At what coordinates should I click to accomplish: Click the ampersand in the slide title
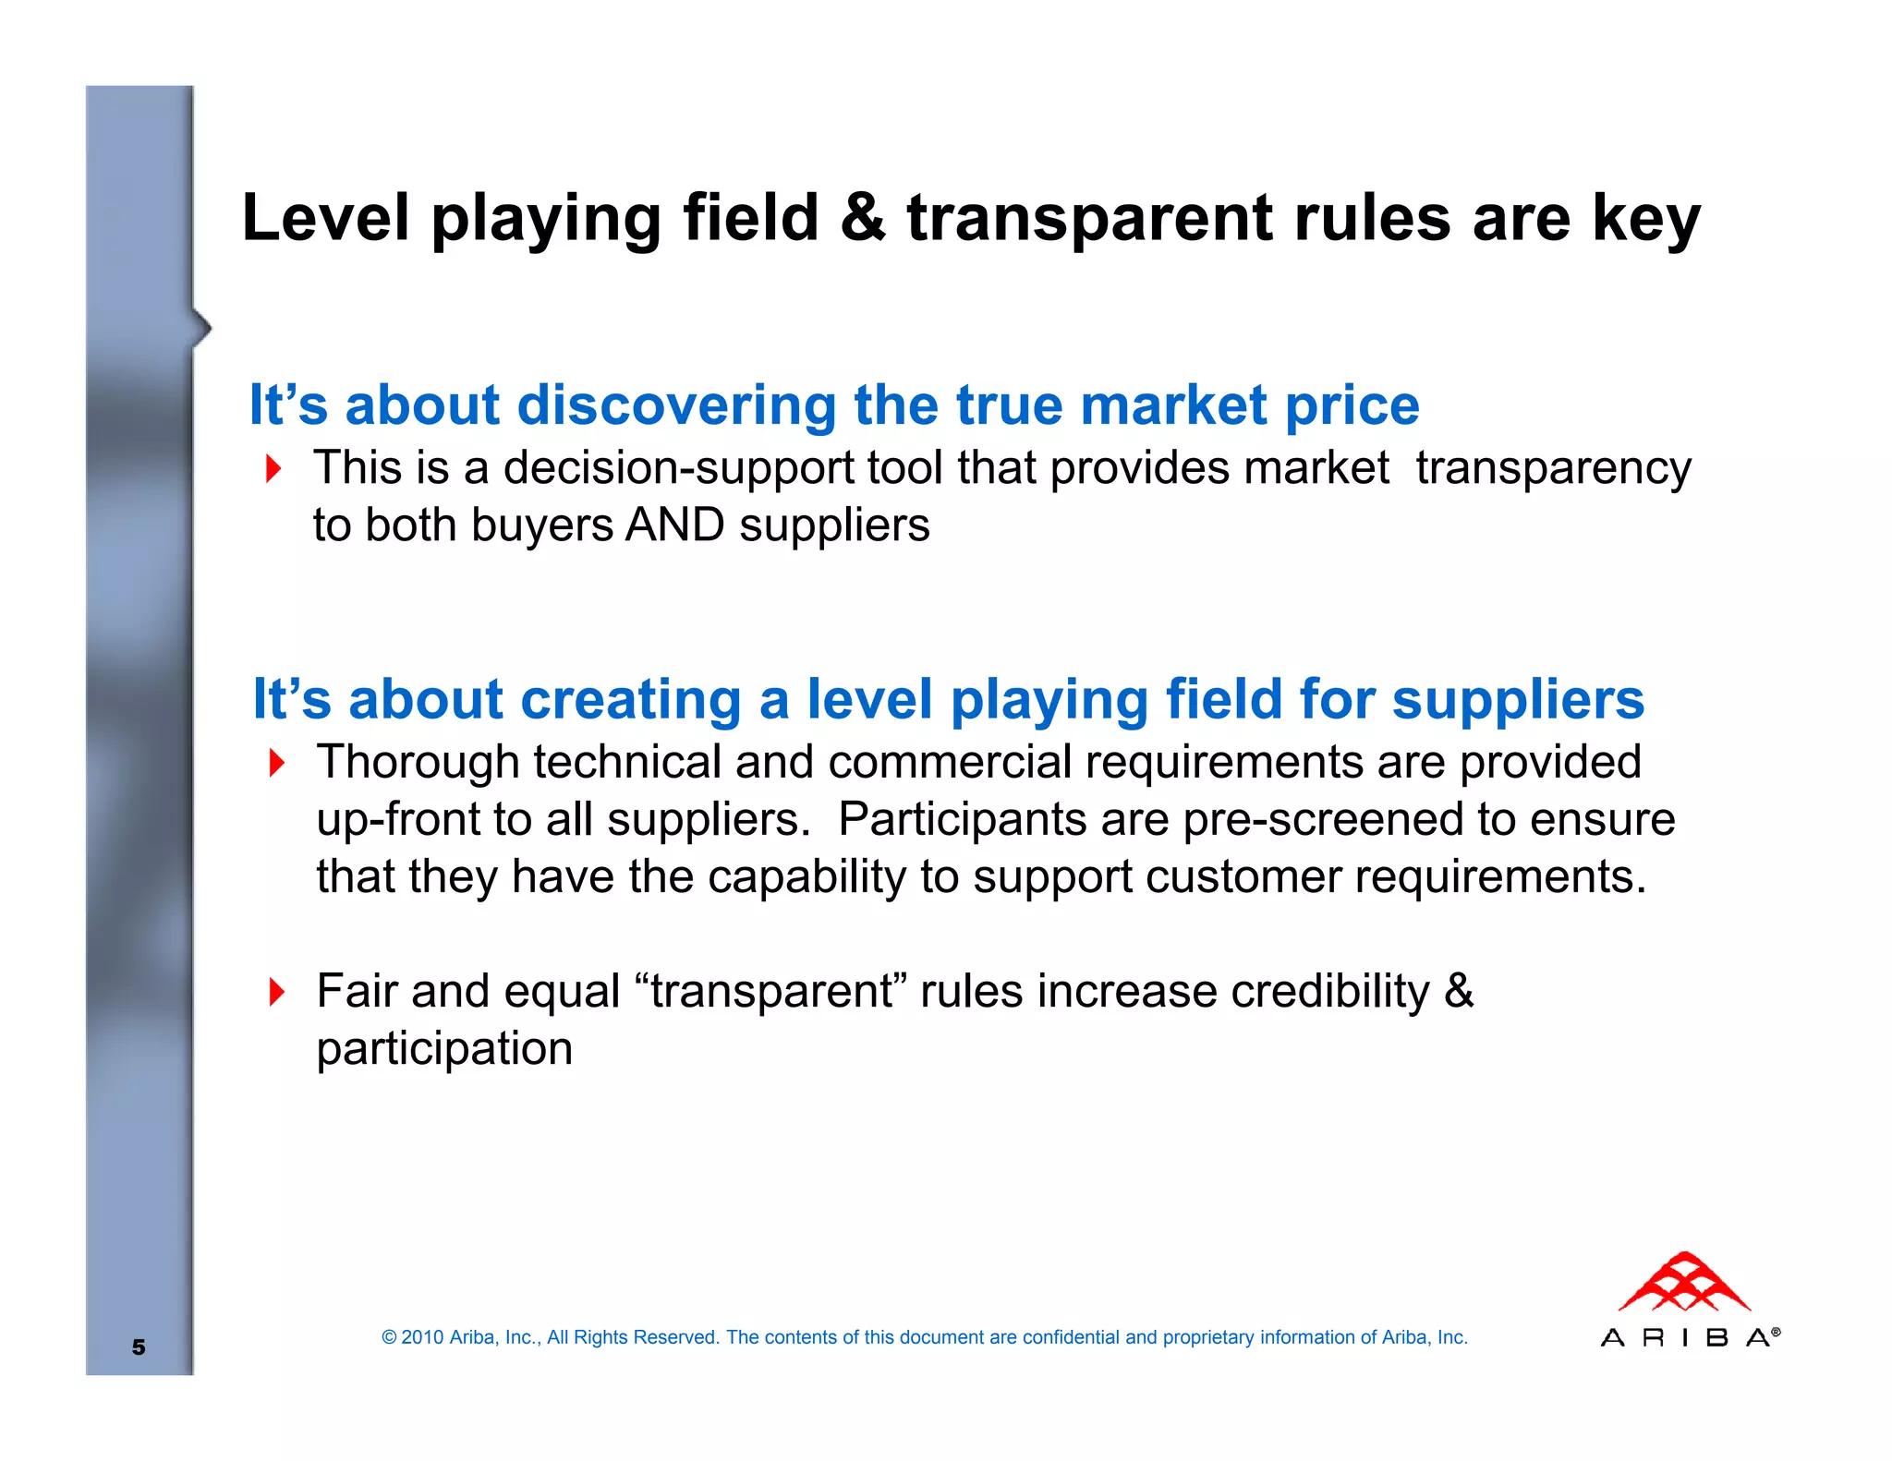click(x=863, y=218)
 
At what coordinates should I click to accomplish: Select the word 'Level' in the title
click(x=325, y=218)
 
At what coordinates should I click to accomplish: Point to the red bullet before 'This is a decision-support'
click(x=273, y=468)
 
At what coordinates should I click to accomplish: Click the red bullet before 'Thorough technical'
click(x=277, y=763)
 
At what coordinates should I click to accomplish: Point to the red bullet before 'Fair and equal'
click(x=277, y=992)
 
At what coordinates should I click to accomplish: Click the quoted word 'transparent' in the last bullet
click(x=771, y=992)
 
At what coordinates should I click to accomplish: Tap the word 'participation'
click(x=444, y=1049)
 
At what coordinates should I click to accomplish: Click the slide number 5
click(x=139, y=1346)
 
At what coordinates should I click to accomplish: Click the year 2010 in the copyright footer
click(x=422, y=1337)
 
